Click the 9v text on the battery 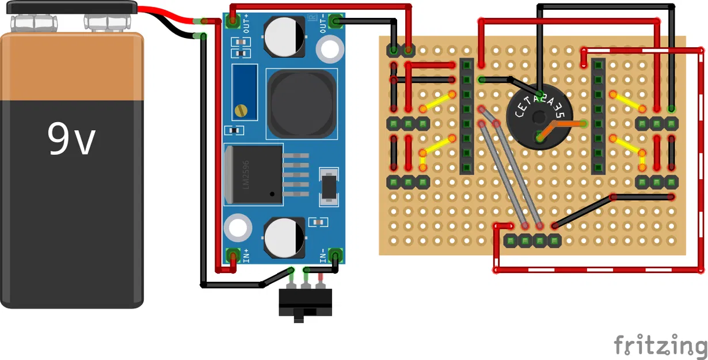point(71,139)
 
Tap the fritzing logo point(660,345)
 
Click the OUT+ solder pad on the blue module point(233,22)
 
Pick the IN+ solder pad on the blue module point(233,255)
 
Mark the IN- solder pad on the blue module point(337,255)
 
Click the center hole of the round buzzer point(539,118)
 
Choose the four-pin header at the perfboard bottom point(532,240)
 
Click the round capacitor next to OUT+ point(284,36)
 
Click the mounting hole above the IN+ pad point(238,227)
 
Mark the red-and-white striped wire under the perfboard point(599,270)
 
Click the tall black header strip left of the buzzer point(466,116)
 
